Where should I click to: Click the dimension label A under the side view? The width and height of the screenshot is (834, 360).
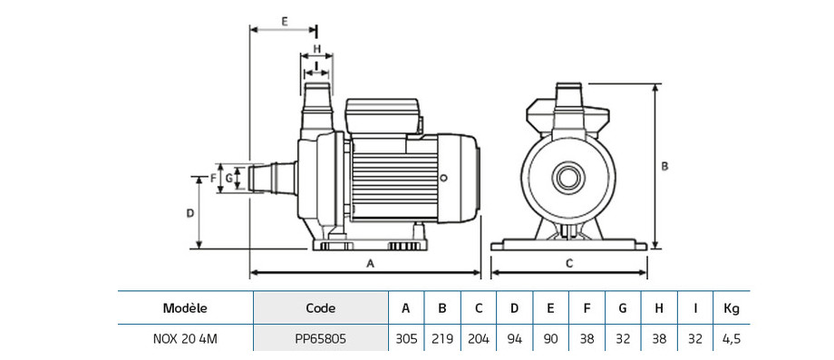click(372, 263)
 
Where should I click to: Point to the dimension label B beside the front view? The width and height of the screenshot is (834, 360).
click(664, 166)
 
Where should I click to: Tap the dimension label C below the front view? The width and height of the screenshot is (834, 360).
click(569, 263)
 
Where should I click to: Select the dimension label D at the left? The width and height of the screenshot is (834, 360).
click(189, 213)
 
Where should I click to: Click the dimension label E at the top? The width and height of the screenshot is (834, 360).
click(285, 22)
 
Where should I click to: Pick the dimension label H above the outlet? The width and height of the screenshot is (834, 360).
click(316, 49)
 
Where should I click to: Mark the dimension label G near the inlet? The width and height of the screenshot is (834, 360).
click(228, 178)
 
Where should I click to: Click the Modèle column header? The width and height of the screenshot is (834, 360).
click(185, 308)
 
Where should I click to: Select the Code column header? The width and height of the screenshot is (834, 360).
click(321, 308)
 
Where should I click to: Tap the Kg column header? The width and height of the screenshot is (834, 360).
click(732, 308)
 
